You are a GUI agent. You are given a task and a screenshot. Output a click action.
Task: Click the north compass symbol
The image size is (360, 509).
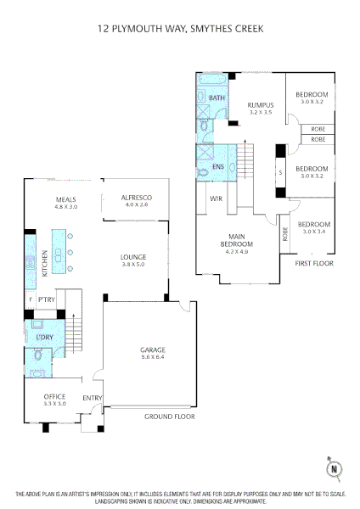click(334, 469)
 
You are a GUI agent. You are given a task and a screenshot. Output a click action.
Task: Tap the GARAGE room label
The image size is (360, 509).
click(153, 350)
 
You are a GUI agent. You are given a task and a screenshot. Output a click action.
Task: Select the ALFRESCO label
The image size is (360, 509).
click(137, 198)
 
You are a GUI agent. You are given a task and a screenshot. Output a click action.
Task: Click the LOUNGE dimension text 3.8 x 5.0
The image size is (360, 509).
click(133, 264)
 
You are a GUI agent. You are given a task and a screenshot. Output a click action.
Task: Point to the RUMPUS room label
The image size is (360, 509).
click(261, 105)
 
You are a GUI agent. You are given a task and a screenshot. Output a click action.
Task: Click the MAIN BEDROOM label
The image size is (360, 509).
click(237, 240)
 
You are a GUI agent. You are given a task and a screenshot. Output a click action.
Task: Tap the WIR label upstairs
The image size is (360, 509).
click(216, 199)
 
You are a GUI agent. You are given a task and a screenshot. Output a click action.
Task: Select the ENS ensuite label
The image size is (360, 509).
click(218, 166)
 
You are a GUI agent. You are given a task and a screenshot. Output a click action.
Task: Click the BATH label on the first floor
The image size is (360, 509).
click(217, 98)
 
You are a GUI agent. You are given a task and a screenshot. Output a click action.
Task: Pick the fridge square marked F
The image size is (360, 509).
click(31, 299)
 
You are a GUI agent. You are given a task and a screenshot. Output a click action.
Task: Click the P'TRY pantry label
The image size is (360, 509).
click(47, 299)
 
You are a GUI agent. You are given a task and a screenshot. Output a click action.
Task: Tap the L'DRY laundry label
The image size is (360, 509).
click(44, 338)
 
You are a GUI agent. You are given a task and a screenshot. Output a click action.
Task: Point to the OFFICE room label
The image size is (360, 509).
click(54, 396)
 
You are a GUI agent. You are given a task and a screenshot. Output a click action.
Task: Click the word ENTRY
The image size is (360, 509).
click(93, 398)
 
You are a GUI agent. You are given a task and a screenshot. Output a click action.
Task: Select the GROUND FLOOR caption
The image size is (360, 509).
click(170, 417)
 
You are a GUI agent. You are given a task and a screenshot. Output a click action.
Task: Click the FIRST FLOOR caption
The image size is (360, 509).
click(314, 263)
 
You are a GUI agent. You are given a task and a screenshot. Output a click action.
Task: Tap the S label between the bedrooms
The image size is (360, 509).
click(281, 172)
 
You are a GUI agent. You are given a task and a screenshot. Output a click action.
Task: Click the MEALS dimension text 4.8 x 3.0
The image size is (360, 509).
click(66, 206)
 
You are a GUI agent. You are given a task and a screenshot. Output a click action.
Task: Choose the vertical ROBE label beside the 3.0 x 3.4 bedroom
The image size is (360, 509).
click(285, 234)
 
